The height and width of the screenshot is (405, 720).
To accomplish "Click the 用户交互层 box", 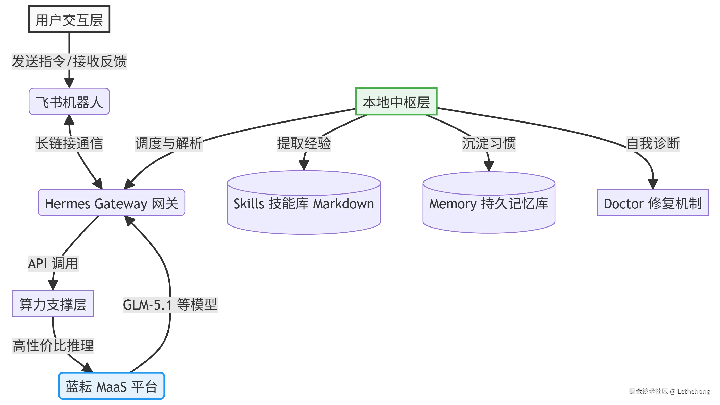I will click(69, 20).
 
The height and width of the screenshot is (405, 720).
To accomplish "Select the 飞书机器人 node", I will click(69, 102).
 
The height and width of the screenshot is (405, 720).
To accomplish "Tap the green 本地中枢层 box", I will click(396, 102).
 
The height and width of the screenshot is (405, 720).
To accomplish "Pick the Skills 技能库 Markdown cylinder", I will click(304, 203).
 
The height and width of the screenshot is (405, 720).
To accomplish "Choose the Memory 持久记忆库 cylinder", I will click(488, 203).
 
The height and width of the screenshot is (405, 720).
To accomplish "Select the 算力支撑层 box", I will click(53, 304).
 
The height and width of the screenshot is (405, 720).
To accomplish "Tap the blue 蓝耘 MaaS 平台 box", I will click(111, 386).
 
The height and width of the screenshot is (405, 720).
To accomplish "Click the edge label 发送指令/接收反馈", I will click(69, 61).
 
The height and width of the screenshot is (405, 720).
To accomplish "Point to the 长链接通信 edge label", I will click(70, 143).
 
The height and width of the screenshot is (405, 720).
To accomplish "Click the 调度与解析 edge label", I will click(169, 143).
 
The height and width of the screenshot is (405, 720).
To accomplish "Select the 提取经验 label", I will click(304, 143).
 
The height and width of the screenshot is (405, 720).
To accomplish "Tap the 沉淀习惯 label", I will click(489, 143).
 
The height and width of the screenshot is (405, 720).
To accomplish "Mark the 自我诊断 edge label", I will click(652, 143).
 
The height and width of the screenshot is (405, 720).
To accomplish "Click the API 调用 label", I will click(53, 263).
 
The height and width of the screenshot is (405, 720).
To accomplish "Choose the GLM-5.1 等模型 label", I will click(170, 304).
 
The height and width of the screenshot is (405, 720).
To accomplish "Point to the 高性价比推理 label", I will click(53, 345).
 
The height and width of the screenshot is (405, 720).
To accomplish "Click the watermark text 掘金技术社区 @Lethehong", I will click(670, 391).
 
